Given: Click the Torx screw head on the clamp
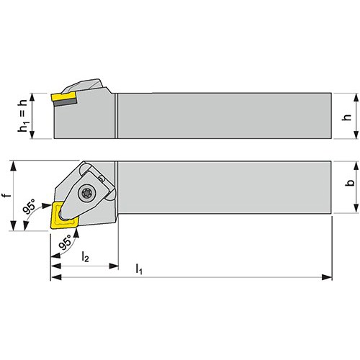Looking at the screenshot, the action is (86, 192).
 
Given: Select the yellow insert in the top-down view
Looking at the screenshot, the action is (63, 215).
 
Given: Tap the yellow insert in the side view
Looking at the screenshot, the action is (63, 97).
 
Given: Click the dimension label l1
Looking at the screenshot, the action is (139, 269).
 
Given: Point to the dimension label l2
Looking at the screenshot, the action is (85, 257).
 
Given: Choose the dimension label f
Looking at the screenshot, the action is (8, 194).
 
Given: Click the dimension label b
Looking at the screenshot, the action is (350, 182).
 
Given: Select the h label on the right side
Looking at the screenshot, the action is (347, 117).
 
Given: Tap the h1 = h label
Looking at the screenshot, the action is (22, 116).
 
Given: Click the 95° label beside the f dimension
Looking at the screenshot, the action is (29, 206).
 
